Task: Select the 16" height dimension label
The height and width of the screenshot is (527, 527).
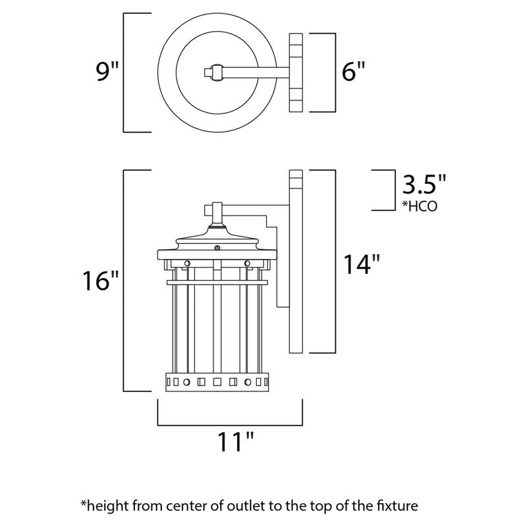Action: click(101, 281)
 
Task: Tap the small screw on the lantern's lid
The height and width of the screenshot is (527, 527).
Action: click(218, 248)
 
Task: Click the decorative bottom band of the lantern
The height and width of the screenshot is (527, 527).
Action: click(217, 381)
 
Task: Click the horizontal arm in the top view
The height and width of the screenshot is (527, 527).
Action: click(257, 71)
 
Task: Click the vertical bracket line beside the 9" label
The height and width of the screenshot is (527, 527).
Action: click(125, 72)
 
